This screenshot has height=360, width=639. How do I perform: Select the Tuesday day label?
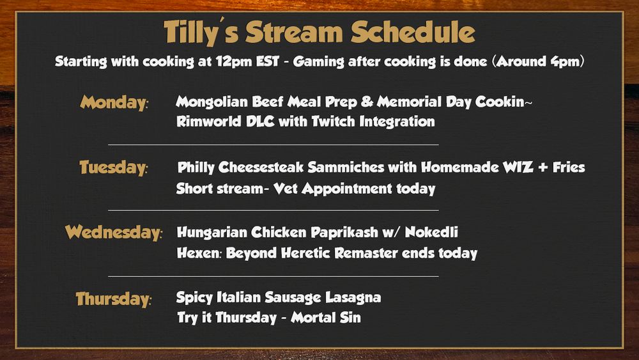pos(114,168)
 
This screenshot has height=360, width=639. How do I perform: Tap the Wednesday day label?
pos(114,232)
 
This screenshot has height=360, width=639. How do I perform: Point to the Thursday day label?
pos(114,299)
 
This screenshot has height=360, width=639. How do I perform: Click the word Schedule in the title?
pos(413,32)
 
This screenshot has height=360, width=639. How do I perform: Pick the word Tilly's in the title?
pos(201,33)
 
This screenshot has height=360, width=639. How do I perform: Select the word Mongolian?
pos(212,102)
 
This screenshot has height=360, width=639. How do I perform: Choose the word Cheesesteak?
pos(261,167)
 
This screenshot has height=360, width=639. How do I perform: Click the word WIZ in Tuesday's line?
pos(518,167)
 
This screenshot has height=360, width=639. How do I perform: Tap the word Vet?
pos(285,189)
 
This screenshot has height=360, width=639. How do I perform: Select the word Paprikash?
pos(345,232)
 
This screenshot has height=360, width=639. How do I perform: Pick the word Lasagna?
pos(353,297)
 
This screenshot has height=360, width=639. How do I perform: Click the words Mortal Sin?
pos(326,317)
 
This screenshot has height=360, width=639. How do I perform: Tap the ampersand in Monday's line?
pos(367,102)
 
